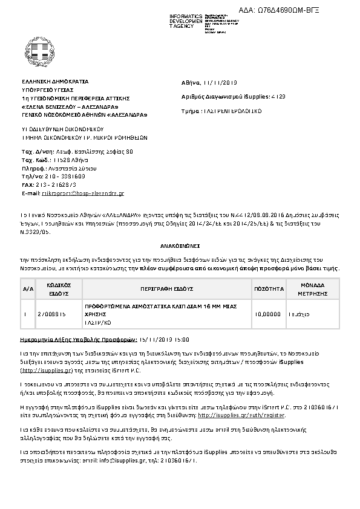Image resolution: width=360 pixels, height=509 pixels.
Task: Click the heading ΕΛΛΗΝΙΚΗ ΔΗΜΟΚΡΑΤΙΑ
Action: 55,80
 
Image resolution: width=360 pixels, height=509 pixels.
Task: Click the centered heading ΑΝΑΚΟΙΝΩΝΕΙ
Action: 180,247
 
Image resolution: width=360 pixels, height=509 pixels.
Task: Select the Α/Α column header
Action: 27,288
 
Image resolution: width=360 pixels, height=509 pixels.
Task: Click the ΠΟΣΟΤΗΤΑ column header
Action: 269,288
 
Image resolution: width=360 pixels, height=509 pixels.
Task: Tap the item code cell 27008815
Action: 52,315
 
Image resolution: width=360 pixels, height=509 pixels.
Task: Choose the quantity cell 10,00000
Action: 269,315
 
